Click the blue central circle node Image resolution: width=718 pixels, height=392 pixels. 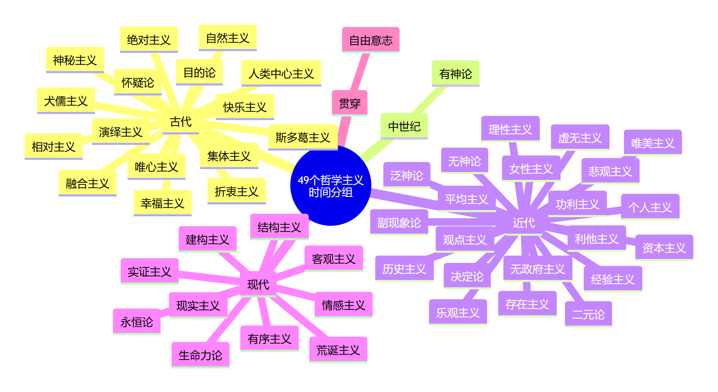(331, 186)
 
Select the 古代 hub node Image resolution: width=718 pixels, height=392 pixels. (181, 122)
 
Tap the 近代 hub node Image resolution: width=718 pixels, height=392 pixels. (524, 223)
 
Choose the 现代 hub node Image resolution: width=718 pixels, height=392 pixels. (258, 284)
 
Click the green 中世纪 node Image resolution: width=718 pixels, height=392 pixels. (404, 127)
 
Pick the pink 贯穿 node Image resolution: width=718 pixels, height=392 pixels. (350, 103)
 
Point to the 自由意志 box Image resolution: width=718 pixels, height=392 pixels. (371, 40)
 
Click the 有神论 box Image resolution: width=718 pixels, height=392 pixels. (455, 74)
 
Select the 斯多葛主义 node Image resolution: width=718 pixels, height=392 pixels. (303, 137)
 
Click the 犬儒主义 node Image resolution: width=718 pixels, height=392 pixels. (66, 101)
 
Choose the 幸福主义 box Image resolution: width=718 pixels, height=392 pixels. (162, 203)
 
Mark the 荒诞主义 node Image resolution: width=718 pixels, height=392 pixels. (338, 350)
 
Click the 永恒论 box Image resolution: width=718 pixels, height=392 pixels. (137, 322)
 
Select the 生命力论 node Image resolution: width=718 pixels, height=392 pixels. (200, 355)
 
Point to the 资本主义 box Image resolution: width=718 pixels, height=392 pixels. (664, 248)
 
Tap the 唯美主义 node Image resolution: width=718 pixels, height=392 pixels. (653, 143)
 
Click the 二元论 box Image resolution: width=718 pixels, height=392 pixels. (588, 314)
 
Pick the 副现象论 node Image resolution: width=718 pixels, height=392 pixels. (399, 223)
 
